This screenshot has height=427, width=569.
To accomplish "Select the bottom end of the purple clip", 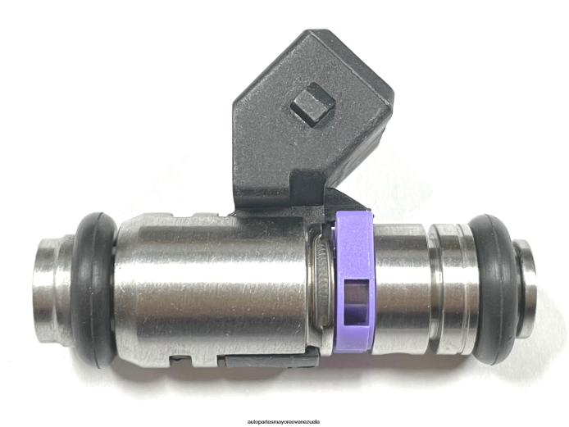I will point(354,345).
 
